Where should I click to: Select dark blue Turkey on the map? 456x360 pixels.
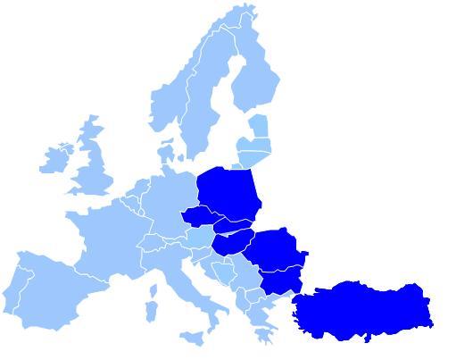[x=361, y=308]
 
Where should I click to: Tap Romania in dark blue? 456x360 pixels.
[x=275, y=248]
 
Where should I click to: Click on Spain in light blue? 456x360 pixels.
[x=54, y=286]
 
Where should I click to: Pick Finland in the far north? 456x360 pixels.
[x=254, y=80]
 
